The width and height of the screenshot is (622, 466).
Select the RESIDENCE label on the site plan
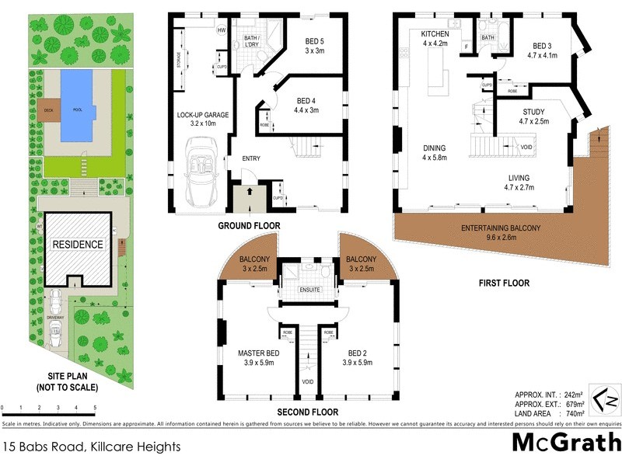click(78, 244)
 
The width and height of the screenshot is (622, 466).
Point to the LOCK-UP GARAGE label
click(202, 119)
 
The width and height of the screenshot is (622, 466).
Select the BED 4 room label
click(313, 106)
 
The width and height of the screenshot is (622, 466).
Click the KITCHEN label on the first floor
click(435, 39)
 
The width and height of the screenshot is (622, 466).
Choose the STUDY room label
click(533, 116)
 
